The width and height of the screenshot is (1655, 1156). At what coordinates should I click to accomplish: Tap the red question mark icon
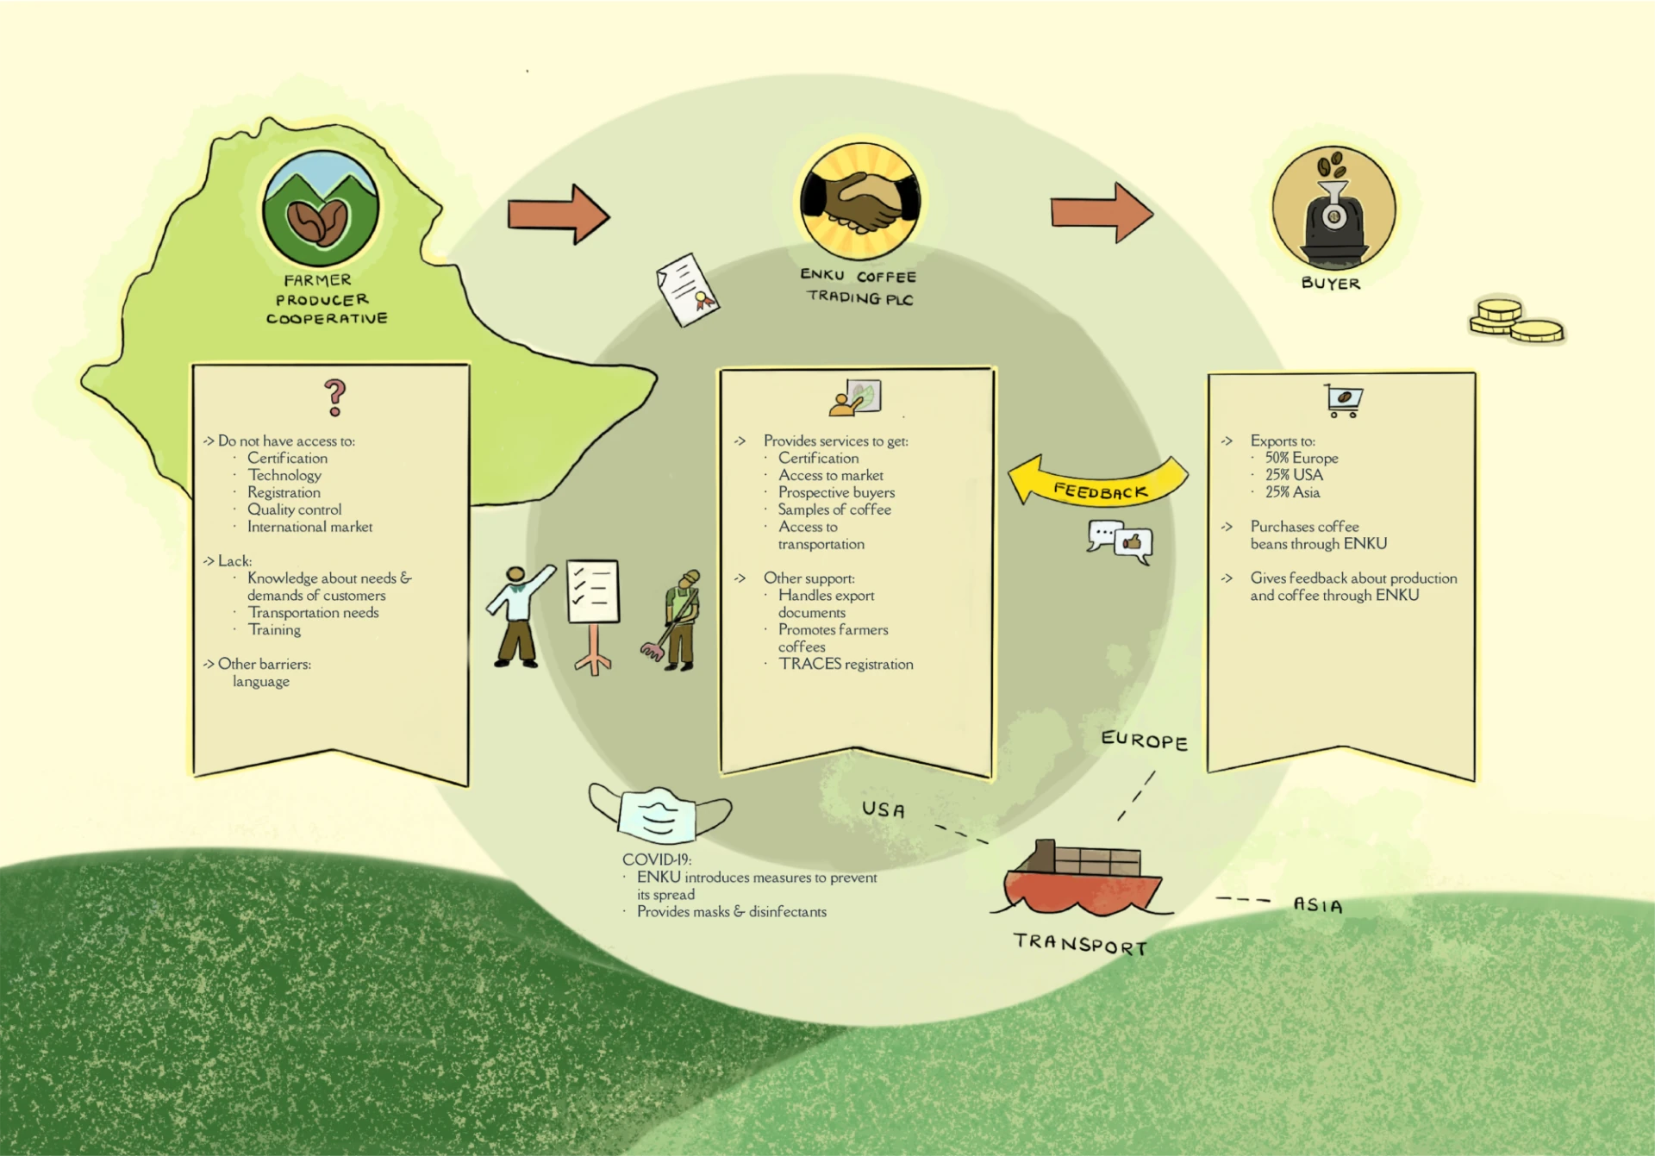click(334, 397)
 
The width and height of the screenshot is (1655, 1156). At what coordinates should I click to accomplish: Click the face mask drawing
click(659, 814)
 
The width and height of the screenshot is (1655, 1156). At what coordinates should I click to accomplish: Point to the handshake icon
click(860, 201)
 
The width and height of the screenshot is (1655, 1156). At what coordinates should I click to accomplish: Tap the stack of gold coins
click(1514, 321)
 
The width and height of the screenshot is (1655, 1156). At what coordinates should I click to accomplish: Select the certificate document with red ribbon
click(687, 290)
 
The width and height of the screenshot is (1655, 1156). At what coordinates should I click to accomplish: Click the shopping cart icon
click(1343, 400)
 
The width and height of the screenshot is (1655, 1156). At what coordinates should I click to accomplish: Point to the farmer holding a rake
click(676, 620)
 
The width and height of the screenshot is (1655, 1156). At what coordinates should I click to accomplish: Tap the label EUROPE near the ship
click(1144, 740)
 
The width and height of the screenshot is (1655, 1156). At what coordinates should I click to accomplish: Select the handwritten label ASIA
click(1317, 905)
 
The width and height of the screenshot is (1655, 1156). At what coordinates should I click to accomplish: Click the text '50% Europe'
click(1301, 458)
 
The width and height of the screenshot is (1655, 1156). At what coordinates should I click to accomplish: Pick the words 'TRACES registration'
click(846, 664)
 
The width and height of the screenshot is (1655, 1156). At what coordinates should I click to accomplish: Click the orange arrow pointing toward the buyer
click(1101, 212)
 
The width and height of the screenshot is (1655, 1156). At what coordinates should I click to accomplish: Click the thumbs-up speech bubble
click(1133, 544)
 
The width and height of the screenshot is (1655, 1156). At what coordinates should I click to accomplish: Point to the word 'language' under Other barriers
click(260, 681)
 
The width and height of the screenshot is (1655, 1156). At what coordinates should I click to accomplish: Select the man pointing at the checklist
click(519, 615)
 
